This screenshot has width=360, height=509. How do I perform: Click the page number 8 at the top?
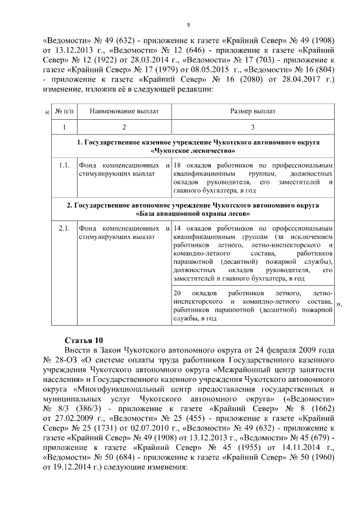(188, 24)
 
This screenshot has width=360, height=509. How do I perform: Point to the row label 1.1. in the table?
(64, 165)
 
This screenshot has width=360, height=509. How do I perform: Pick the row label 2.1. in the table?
(64, 228)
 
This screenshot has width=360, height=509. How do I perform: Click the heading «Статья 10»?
(84, 340)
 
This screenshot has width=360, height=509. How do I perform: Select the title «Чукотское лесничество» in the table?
(193, 151)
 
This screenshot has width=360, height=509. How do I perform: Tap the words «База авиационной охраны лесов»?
(193, 214)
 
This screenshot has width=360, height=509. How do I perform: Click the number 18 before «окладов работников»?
(177, 165)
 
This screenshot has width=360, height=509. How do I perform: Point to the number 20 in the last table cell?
(178, 294)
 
